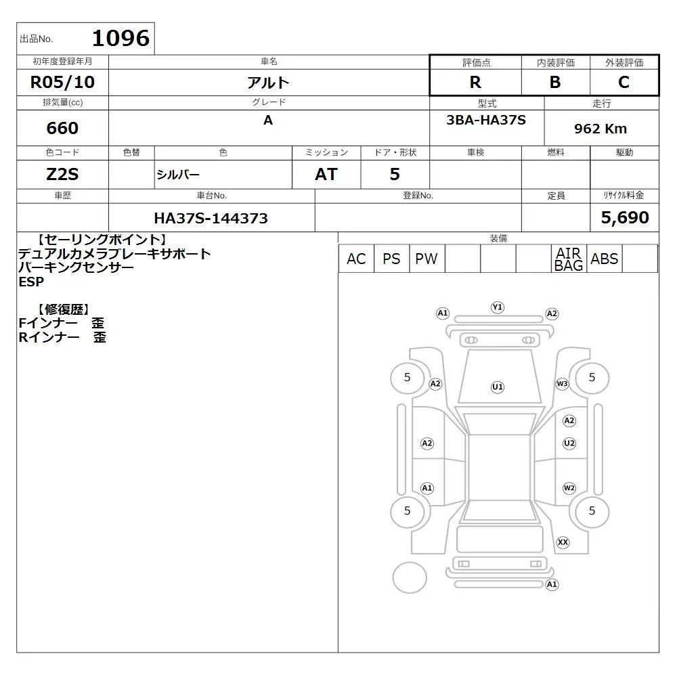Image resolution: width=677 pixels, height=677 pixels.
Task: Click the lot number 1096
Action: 121,38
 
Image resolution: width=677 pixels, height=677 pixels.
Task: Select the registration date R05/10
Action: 62,82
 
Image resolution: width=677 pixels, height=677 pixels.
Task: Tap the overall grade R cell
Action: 475,82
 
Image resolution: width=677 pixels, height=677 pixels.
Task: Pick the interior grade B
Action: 555,82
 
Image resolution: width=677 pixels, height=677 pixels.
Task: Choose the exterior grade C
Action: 624,82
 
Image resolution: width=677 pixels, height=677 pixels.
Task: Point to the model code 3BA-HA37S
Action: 486,120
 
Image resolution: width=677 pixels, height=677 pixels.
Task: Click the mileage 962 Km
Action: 600,128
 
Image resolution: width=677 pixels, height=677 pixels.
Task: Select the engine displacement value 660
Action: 62,128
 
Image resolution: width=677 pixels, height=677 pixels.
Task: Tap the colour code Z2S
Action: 62,174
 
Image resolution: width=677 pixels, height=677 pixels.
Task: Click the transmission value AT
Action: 326,174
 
